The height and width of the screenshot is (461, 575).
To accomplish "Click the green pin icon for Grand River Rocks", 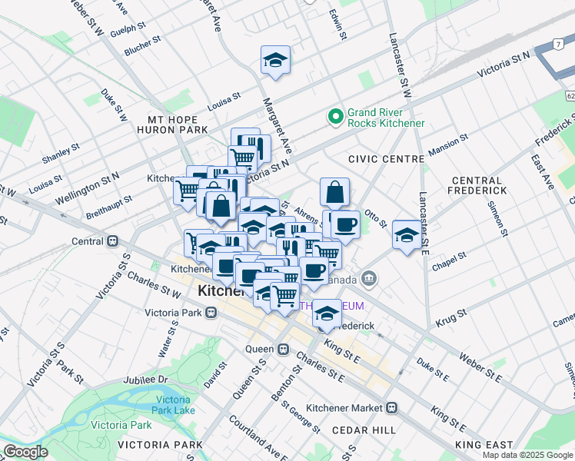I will (x=335, y=117).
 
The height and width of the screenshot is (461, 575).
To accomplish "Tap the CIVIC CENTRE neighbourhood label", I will (x=386, y=159).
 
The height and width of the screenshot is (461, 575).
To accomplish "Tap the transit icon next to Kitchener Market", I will (x=392, y=406).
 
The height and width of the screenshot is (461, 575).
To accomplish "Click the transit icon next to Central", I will (x=113, y=240).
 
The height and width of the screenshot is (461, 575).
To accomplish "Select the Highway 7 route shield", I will (x=556, y=45).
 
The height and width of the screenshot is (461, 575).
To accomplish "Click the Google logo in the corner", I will (x=26, y=451).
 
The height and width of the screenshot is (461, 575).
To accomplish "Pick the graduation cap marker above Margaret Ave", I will (x=275, y=61).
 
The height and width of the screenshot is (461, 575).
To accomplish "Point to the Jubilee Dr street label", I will (x=143, y=380).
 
